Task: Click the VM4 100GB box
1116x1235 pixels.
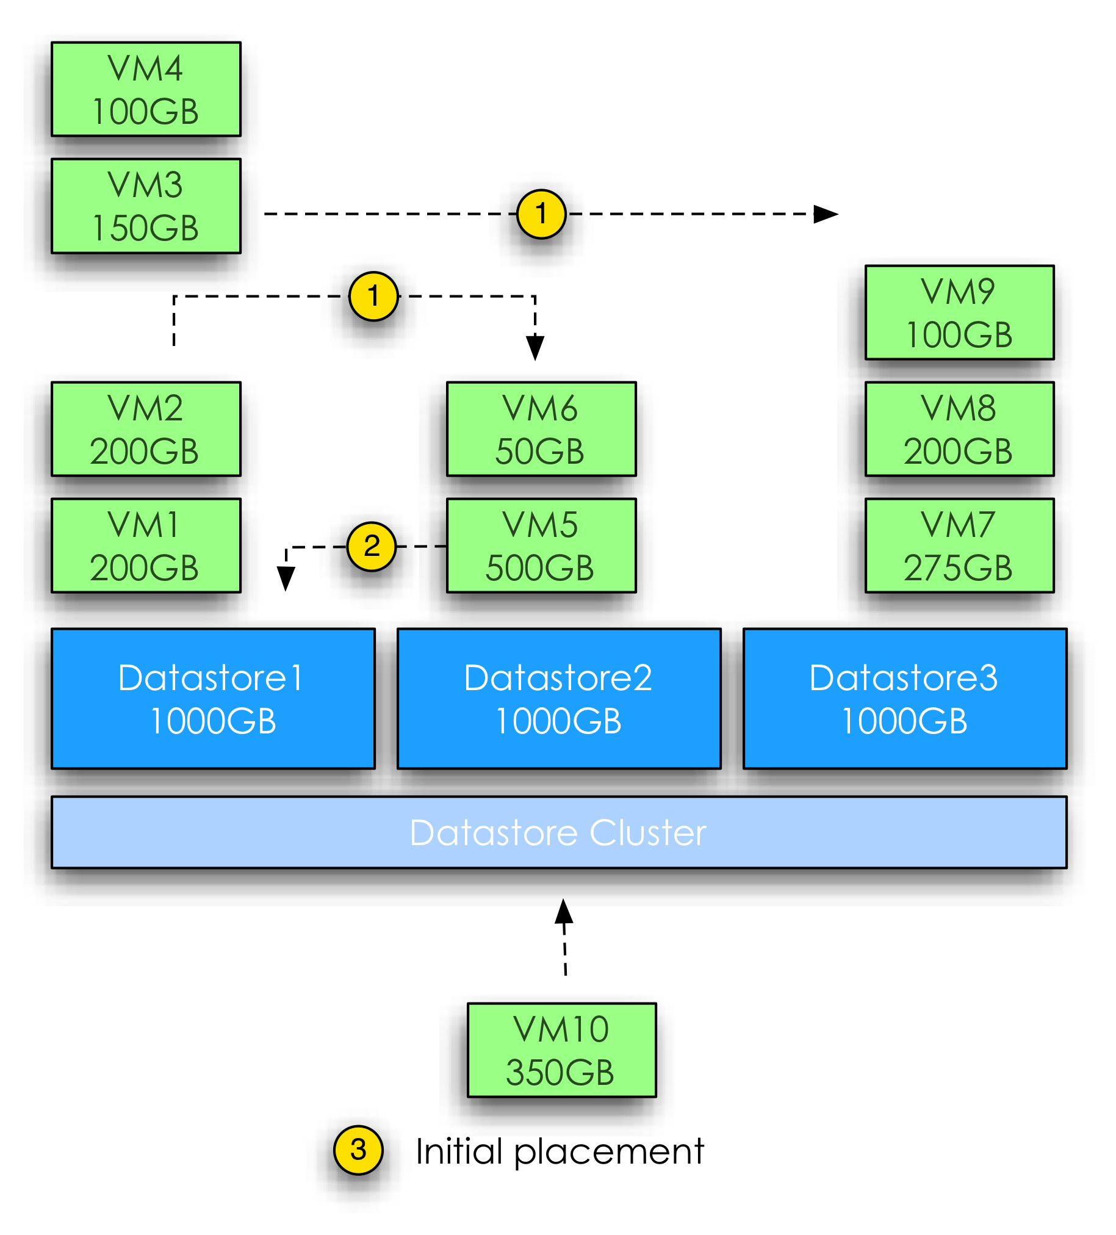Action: coord(146,90)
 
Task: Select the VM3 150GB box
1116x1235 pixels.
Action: coord(146,206)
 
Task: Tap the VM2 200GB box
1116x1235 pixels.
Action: coord(146,429)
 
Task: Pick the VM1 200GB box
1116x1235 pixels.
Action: coord(146,545)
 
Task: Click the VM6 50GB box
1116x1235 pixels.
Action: coord(541,429)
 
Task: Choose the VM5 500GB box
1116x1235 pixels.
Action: coord(541,545)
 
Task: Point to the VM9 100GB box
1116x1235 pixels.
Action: coord(959,312)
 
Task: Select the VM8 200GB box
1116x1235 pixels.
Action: coord(959,429)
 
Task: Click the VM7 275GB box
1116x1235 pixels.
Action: coord(959,545)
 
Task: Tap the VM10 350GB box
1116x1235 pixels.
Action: coord(561,1050)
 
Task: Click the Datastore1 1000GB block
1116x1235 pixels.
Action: coord(213,699)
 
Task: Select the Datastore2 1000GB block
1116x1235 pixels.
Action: coord(559,699)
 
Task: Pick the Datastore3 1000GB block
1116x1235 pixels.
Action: coord(904,699)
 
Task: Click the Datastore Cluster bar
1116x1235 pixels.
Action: coord(559,832)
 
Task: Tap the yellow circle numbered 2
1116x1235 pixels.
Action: coord(371,547)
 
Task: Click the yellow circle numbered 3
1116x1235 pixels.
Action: coord(358,1150)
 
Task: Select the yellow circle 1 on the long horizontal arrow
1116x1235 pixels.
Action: coord(541,214)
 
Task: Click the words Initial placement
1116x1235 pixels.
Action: coord(560,1151)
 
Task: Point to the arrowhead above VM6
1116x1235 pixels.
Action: coord(535,347)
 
